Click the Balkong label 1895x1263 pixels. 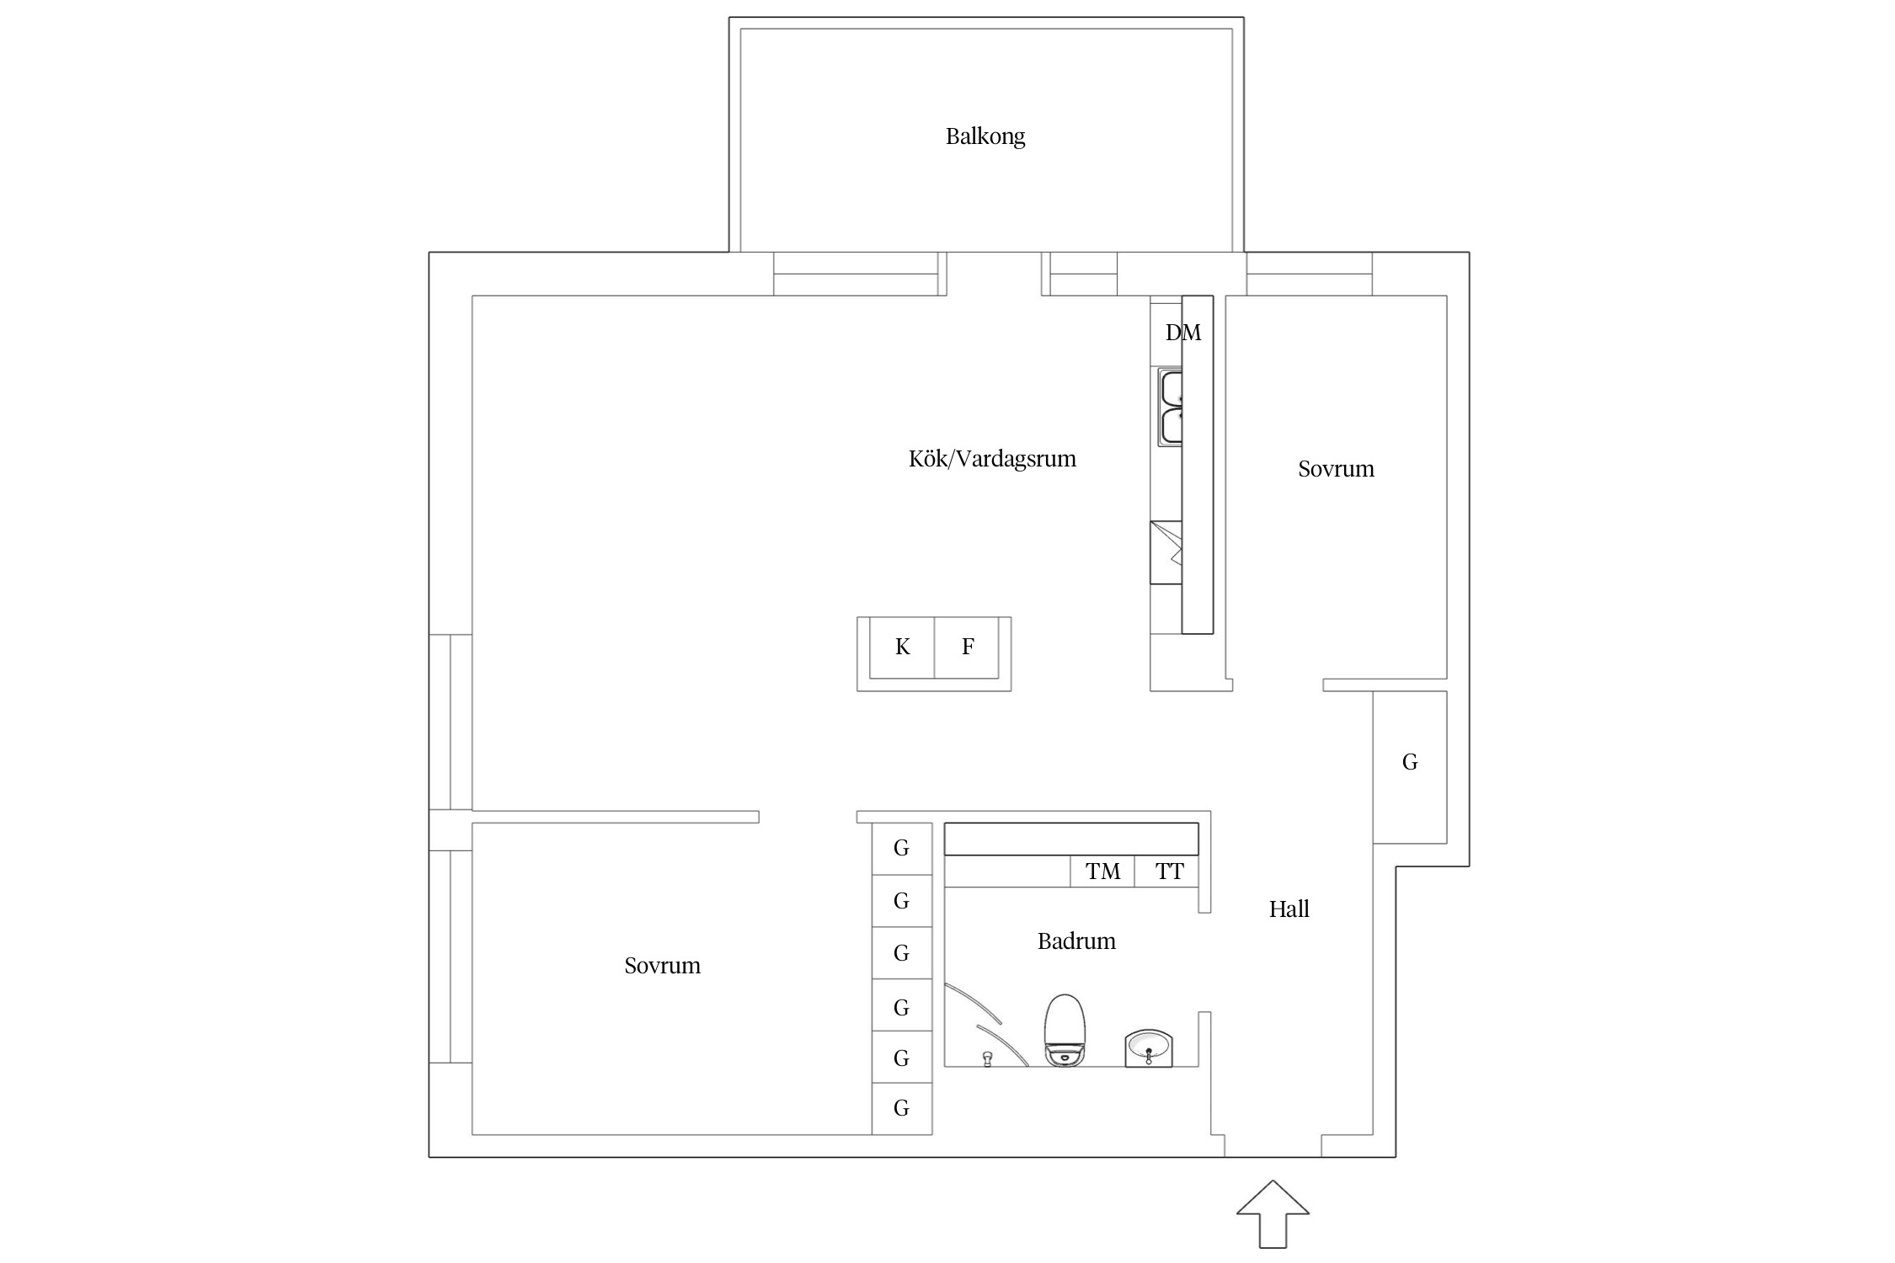coord(985,136)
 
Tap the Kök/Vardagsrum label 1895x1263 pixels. coord(991,459)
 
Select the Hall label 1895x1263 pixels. coord(1289,909)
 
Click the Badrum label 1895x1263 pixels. coord(1076,941)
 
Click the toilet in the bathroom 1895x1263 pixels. coord(1065,1031)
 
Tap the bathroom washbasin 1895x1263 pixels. coord(1148,1047)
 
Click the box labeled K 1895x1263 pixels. coord(902,647)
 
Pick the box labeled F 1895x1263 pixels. coord(967,647)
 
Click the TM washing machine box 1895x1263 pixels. coord(1102,871)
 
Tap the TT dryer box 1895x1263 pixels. coord(1168,871)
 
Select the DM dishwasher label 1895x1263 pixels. coord(1182,333)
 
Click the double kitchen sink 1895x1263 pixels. coord(1170,408)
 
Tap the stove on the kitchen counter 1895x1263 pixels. coord(1166,552)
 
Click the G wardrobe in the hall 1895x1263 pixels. coord(1409,763)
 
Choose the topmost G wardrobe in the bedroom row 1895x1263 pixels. coord(901,849)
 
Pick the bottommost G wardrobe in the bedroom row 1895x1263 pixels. coord(901,1108)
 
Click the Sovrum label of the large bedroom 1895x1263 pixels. coord(662,966)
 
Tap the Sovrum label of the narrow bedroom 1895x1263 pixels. coord(1335,469)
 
